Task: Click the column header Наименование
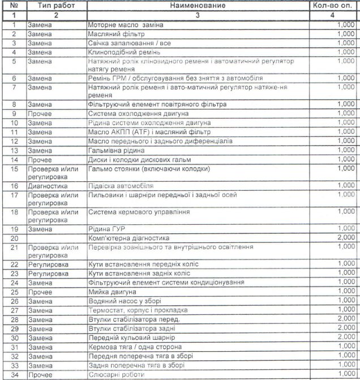point(196,6)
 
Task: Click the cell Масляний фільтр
point(111,34)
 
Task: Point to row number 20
point(14,238)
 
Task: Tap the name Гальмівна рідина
point(116,150)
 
